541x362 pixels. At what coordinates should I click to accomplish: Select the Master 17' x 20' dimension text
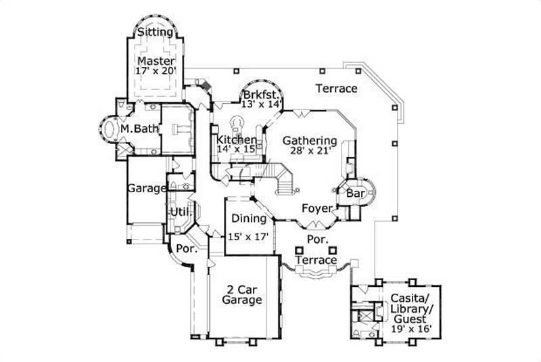point(156,70)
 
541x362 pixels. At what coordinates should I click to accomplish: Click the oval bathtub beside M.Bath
point(110,129)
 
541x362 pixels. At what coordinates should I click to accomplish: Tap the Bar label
point(356,194)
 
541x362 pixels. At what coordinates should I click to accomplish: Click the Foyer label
point(316,208)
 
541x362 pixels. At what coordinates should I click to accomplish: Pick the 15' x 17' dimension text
point(249,237)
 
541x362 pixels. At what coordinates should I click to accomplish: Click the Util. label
point(180,212)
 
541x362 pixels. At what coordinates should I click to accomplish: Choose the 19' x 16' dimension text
point(411,330)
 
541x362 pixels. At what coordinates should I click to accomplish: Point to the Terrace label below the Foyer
point(316,260)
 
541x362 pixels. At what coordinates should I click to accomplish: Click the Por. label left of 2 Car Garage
point(185,249)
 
